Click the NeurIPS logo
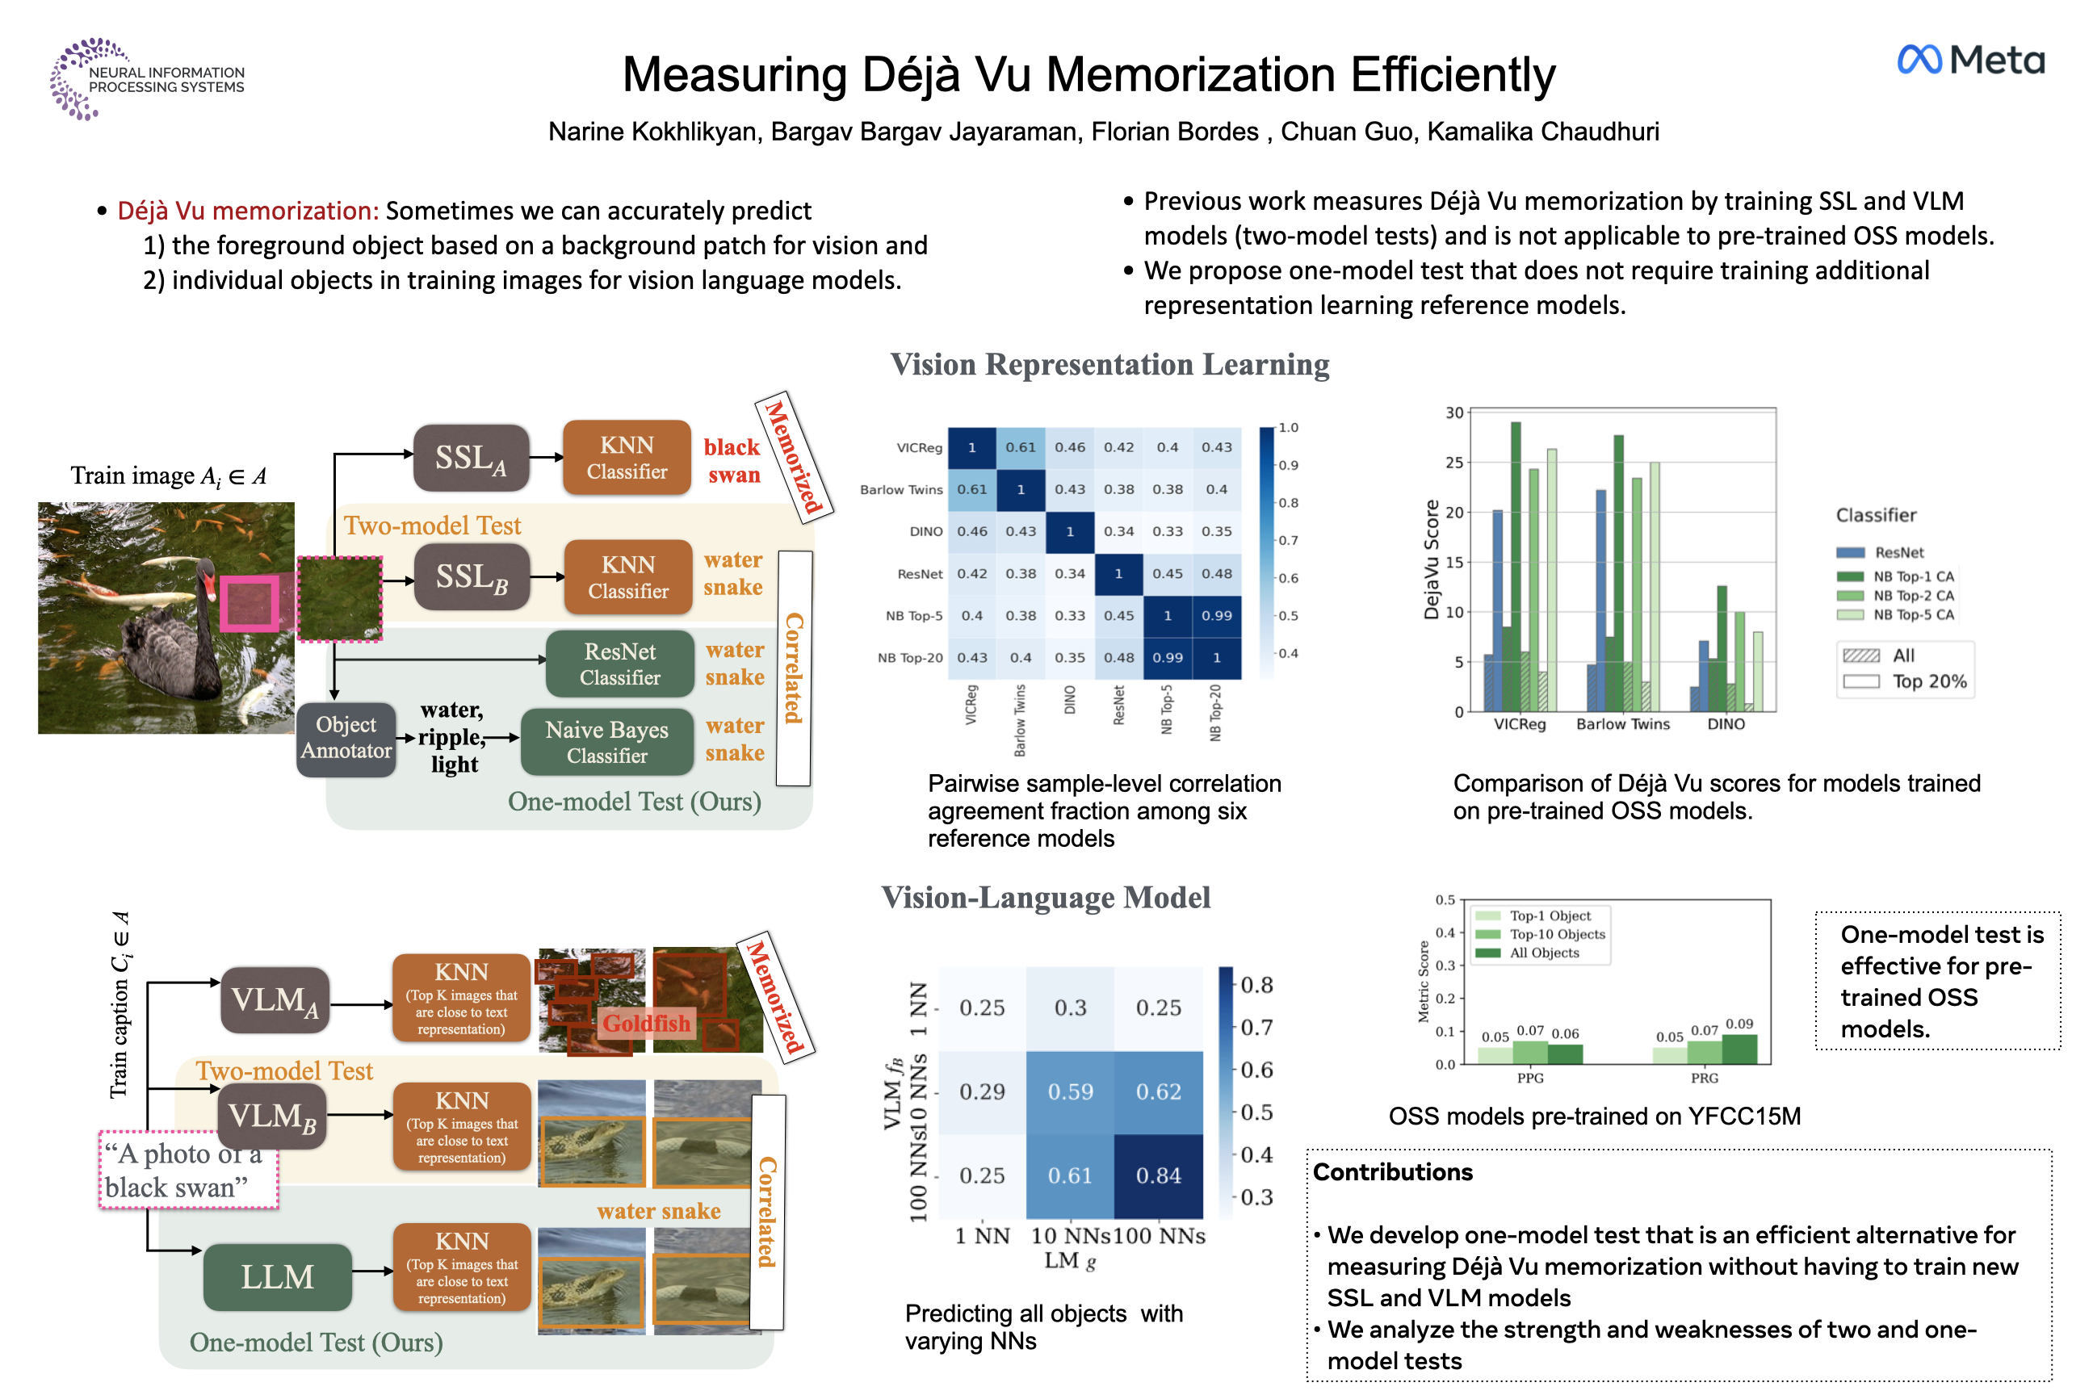pos(147,78)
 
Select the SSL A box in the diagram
pos(471,459)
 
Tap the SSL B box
pos(471,577)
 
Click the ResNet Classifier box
pos(619,664)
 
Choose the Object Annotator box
pos(346,738)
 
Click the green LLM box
pos(277,1276)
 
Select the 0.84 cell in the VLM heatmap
pos(1158,1175)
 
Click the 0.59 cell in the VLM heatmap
pos(1070,1091)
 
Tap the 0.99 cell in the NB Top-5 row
pos(1216,616)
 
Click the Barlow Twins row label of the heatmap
pos(900,489)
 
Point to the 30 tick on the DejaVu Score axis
pos(1454,413)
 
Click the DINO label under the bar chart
pos(1726,724)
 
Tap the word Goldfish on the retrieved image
pos(646,1023)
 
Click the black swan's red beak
pos(210,586)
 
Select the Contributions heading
pos(1393,1171)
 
